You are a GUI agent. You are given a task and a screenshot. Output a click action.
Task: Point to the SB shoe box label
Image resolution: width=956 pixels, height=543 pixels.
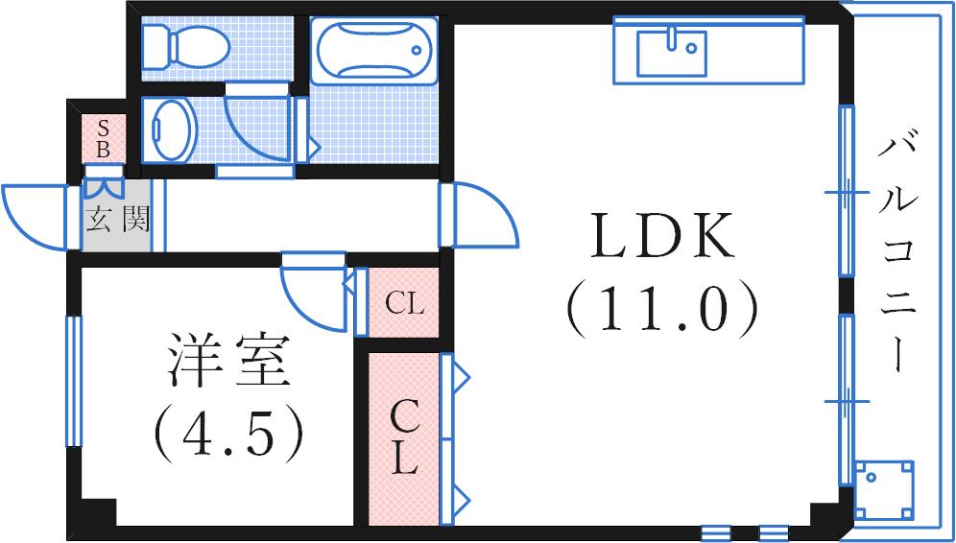105,138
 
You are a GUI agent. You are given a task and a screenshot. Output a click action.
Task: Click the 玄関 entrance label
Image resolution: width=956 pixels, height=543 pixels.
116,220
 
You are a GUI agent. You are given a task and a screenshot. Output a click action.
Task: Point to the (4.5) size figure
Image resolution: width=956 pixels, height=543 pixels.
227,433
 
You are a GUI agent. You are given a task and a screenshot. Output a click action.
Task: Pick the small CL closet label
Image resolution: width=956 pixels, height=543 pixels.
404,304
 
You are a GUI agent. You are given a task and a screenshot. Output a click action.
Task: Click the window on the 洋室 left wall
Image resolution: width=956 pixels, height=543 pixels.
74,380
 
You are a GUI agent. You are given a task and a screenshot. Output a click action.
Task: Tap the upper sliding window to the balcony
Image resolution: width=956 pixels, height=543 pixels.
846,192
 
